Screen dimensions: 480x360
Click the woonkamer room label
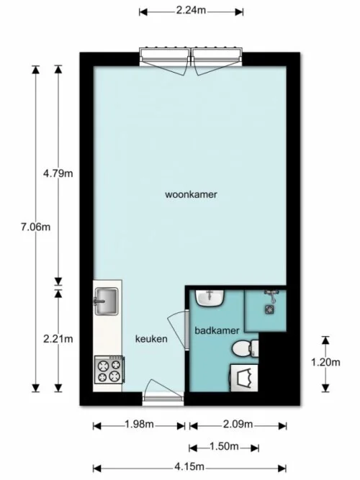[x=191, y=194]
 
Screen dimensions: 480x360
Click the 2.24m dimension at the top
[x=191, y=11]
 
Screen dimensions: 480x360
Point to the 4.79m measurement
[x=58, y=173]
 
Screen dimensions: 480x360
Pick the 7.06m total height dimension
[x=36, y=227]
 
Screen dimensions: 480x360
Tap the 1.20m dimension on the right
[x=325, y=362]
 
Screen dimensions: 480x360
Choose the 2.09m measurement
[x=238, y=425]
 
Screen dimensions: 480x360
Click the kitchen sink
[x=107, y=300]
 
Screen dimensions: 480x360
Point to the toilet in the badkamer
[x=245, y=348]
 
